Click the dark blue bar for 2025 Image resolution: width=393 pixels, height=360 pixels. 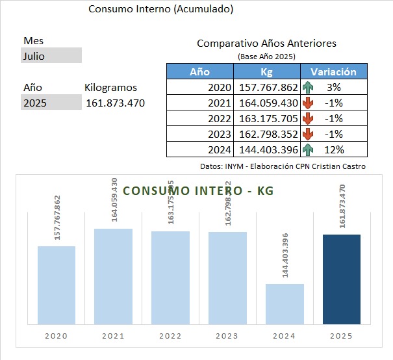click(x=341, y=279)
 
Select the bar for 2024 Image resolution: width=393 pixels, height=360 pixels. click(x=285, y=303)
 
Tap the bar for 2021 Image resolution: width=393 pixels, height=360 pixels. click(x=113, y=276)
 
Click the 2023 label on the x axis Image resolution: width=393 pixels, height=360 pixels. click(x=227, y=336)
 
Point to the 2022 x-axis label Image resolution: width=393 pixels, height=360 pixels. click(x=170, y=336)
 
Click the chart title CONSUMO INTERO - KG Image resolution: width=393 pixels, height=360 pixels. click(x=198, y=191)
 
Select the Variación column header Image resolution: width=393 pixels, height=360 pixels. click(x=333, y=72)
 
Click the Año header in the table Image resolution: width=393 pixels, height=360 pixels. click(x=199, y=72)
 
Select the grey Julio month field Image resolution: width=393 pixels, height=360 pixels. click(x=51, y=56)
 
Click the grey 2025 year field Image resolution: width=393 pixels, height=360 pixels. click(x=51, y=103)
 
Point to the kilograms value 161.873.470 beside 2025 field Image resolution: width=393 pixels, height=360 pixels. click(x=115, y=103)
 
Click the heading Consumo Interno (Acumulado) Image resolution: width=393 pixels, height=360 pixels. click(x=160, y=9)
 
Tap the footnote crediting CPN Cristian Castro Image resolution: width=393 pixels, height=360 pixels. click(x=283, y=166)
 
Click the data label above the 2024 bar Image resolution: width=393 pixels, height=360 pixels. click(x=285, y=255)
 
